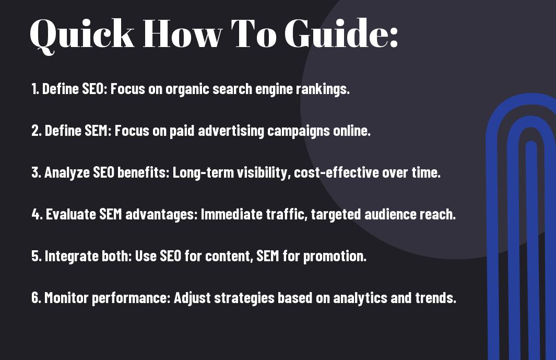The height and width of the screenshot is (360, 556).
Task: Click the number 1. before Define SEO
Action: pyautogui.click(x=36, y=89)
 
